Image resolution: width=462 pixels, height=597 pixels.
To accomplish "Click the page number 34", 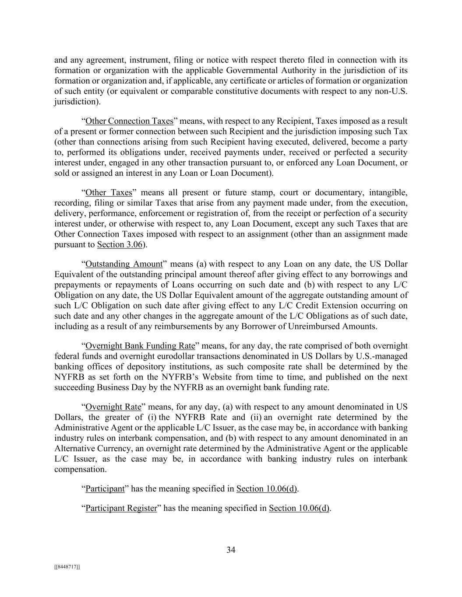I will [231, 550].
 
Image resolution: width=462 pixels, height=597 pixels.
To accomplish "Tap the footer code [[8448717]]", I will [67, 567].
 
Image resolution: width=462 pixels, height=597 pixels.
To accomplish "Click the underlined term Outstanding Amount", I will [124, 264].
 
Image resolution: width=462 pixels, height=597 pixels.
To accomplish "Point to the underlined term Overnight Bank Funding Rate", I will [140, 346].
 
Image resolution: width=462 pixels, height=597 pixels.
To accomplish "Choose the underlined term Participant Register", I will [121, 508].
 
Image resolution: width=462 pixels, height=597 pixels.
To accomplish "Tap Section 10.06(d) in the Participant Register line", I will [299, 508].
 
